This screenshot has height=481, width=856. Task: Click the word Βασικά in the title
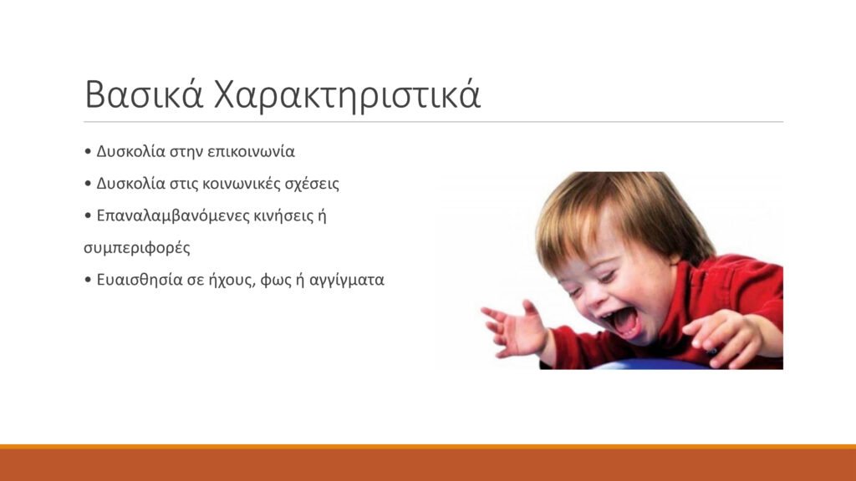(144, 95)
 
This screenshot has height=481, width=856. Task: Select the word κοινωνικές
(241, 184)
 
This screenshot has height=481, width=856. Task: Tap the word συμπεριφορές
(137, 249)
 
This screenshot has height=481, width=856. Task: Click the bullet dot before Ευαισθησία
(88, 281)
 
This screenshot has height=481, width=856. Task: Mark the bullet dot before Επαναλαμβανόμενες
(88, 216)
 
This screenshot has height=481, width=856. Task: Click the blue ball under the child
(650, 364)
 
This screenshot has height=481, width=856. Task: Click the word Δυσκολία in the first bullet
(131, 152)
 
